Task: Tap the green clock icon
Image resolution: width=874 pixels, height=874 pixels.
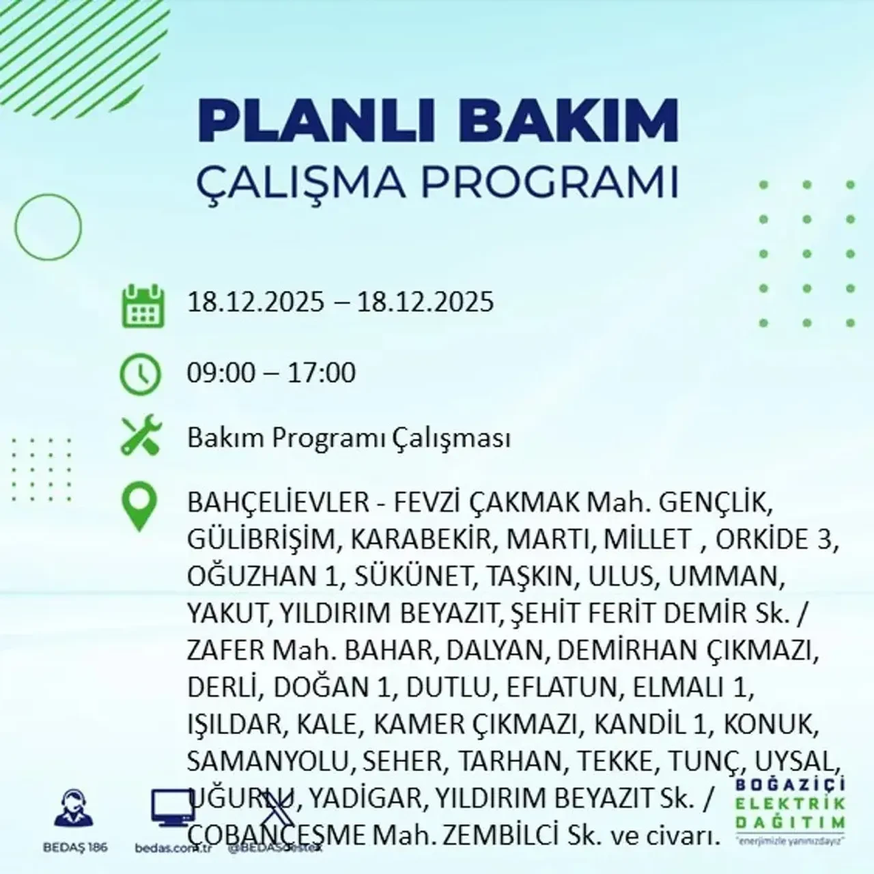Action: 141,373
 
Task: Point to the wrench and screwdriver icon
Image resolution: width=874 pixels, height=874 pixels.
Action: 141,437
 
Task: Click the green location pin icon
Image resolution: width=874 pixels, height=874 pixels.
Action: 139,508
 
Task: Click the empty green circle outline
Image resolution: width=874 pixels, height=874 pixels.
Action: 48,225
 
